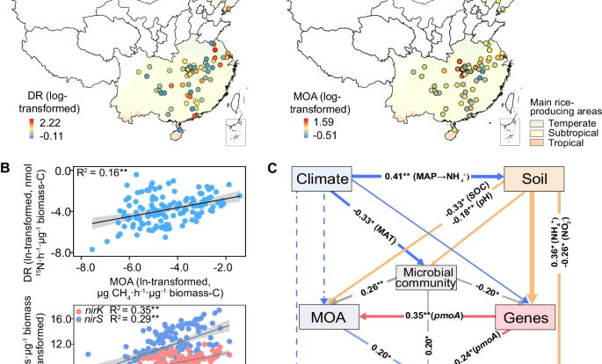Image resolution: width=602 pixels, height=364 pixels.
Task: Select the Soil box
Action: point(531,179)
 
